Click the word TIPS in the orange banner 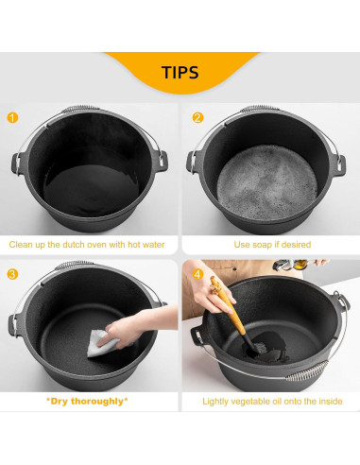180,73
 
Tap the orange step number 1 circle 12,118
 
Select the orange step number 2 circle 197,118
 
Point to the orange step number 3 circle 12,274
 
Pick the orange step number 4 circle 197,274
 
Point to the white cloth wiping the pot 100,344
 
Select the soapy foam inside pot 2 267,182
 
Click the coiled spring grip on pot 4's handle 306,371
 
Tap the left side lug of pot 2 192,162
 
